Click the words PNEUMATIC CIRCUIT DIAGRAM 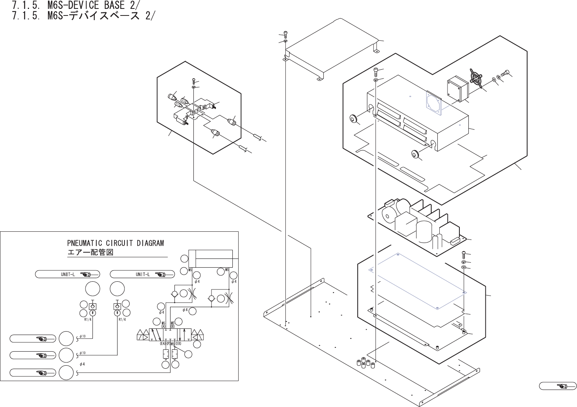pos(115,243)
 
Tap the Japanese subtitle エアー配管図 pos(90,253)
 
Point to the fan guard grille pos(477,78)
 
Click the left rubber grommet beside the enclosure pos(353,118)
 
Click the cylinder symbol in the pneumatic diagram pos(210,258)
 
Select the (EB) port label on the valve pos(178,343)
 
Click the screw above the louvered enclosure pos(376,71)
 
